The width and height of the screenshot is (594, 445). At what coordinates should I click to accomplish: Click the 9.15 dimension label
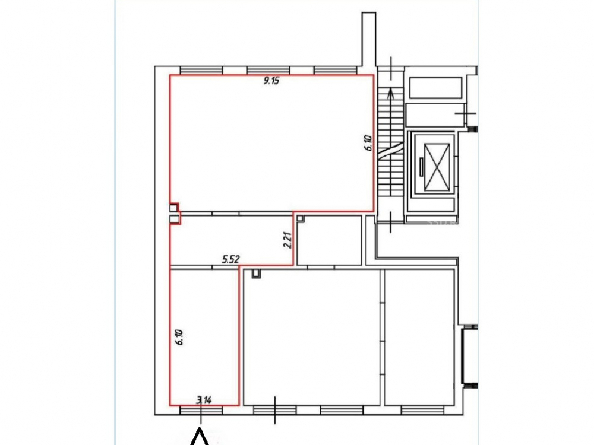[271, 80]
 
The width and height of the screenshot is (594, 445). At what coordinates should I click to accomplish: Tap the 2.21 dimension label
[288, 240]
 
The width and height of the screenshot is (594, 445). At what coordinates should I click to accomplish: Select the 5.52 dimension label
[230, 259]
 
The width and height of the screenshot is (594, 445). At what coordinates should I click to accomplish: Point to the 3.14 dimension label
[204, 399]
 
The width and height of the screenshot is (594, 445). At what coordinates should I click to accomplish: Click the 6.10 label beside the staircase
[369, 144]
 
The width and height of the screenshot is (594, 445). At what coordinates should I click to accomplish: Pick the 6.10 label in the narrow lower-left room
[179, 337]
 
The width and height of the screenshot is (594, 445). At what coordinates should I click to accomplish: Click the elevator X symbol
[437, 167]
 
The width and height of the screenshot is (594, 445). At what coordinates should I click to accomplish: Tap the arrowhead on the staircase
[391, 93]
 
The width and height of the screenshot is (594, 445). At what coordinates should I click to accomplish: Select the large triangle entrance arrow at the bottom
[200, 437]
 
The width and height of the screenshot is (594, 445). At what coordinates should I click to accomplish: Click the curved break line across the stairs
[390, 150]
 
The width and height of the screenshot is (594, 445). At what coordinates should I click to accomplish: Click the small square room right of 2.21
[329, 240]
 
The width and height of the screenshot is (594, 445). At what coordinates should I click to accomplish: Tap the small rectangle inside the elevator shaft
[421, 167]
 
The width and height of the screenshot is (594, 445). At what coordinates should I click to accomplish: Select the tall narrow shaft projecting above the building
[369, 39]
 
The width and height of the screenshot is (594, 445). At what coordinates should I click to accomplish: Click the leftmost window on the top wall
[201, 71]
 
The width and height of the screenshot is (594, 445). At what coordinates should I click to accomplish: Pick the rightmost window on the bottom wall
[422, 410]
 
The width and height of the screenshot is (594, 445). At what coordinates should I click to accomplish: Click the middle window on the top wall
[268, 71]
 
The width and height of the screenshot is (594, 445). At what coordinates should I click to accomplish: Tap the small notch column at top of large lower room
[257, 274]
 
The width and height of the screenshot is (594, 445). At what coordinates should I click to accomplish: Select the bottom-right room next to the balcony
[419, 337]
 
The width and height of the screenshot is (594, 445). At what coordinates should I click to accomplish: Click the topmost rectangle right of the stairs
[435, 88]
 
